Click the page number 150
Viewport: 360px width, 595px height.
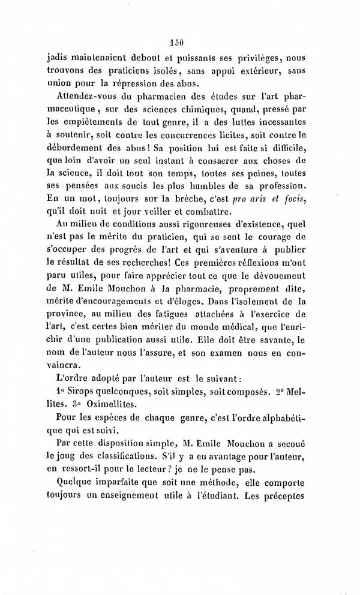[x=176, y=42]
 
